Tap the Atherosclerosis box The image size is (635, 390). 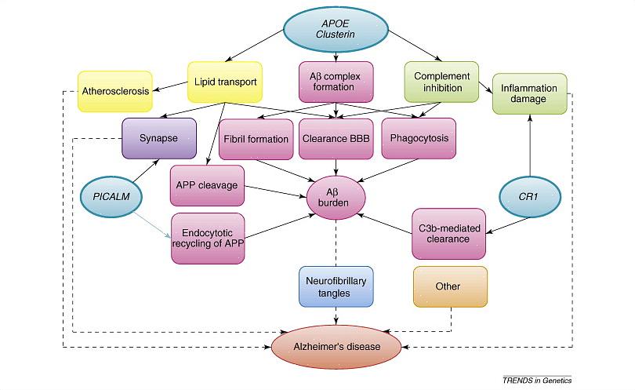[115, 91]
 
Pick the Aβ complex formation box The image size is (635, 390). [336, 82]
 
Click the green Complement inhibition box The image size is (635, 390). [441, 82]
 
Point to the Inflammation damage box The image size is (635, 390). [529, 94]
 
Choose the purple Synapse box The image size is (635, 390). [159, 138]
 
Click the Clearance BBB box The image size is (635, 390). [336, 139]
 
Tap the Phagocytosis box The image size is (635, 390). [418, 139]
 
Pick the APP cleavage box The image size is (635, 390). [208, 186]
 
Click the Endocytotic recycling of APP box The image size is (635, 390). [208, 238]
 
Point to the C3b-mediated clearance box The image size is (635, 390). [449, 233]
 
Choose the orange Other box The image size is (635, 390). [450, 286]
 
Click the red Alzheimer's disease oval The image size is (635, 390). [336, 346]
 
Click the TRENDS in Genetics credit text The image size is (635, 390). [536, 380]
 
